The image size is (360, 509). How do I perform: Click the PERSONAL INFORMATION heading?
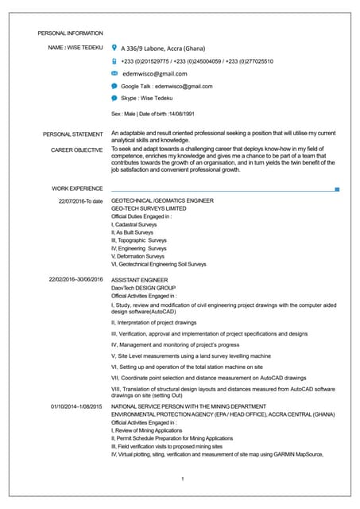(x=71, y=33)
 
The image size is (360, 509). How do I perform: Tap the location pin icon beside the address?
(x=114, y=48)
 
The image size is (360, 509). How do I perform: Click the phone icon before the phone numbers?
(x=114, y=60)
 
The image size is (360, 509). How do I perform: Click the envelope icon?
(x=114, y=73)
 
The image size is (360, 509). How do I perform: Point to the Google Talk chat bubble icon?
(x=114, y=86)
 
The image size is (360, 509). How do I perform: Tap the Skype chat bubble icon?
(x=114, y=98)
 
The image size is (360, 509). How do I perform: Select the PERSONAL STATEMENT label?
(x=72, y=134)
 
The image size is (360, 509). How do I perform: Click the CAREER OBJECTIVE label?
(x=76, y=149)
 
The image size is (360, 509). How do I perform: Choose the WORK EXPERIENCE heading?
(x=77, y=188)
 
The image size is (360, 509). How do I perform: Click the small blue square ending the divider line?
(x=338, y=189)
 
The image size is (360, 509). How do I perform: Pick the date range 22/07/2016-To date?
(x=81, y=201)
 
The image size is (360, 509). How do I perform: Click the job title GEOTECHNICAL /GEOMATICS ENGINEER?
(x=162, y=201)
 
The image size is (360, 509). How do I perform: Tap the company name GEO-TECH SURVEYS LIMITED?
(x=149, y=209)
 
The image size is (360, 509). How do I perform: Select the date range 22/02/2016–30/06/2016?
(x=76, y=280)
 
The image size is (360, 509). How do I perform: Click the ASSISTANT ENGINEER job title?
(x=140, y=280)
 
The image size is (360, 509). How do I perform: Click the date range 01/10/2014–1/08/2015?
(x=76, y=406)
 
